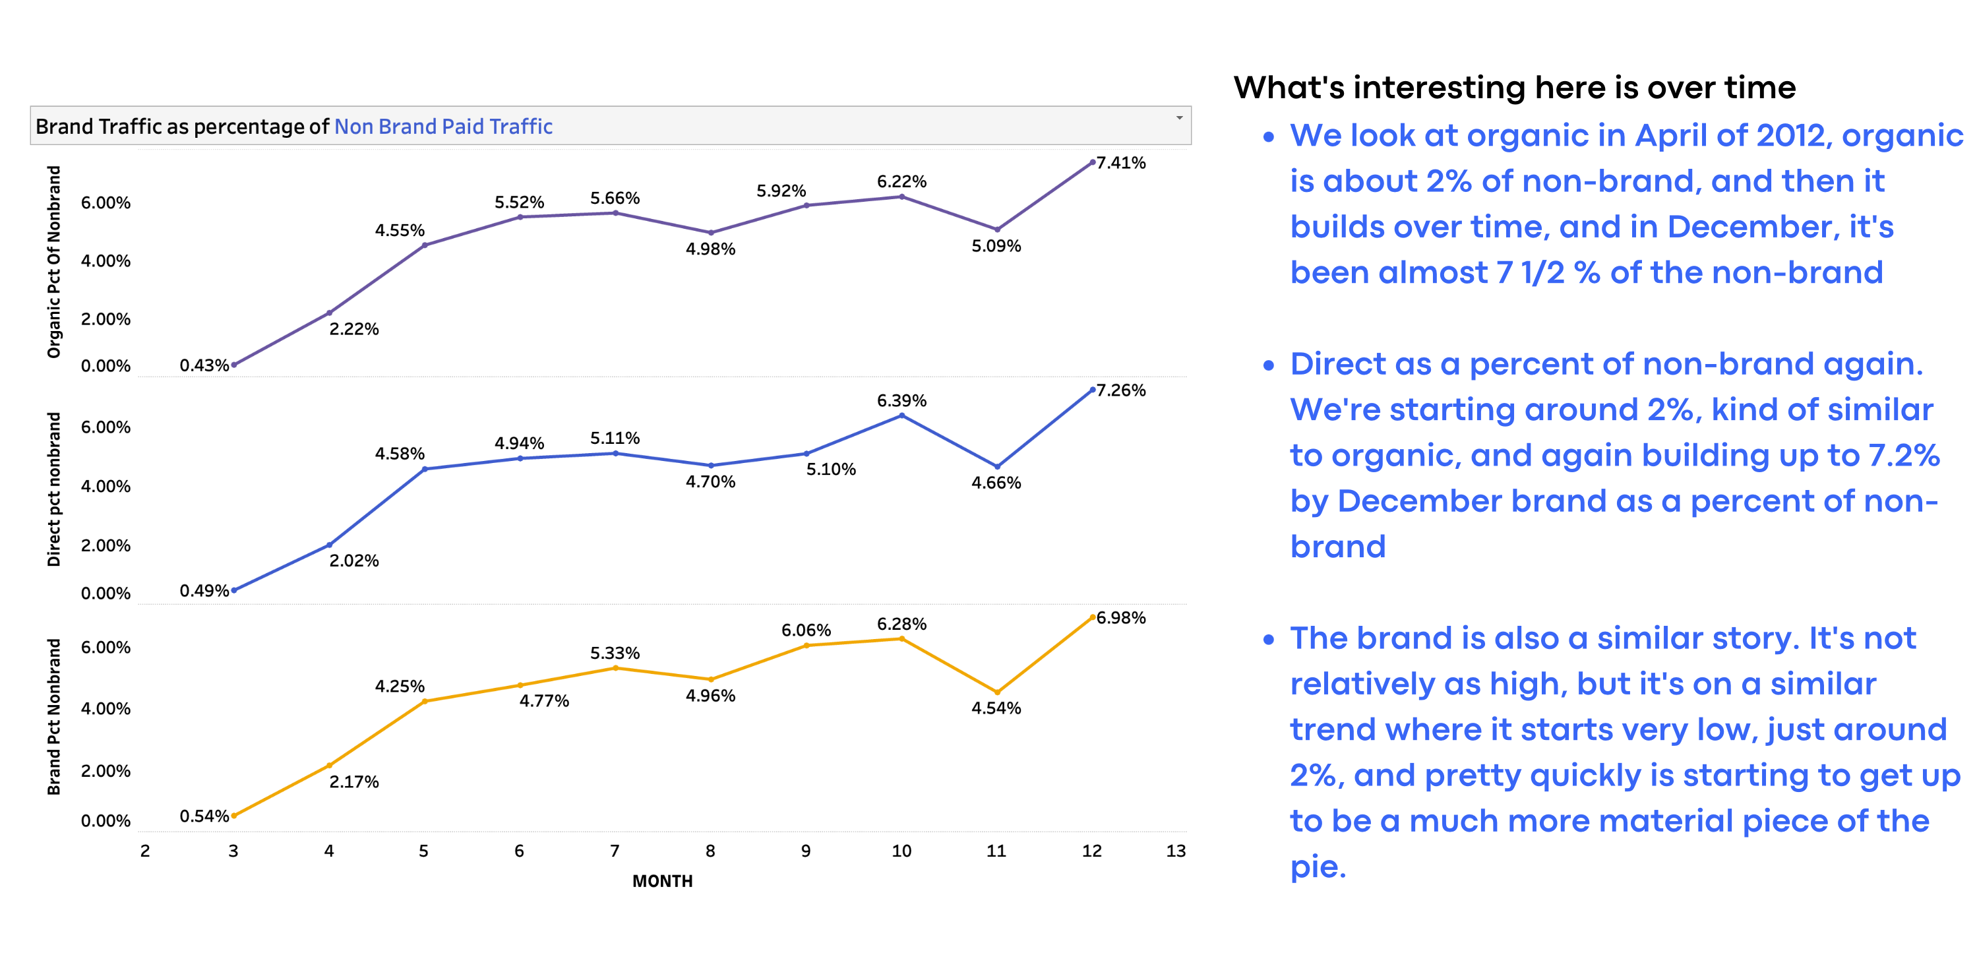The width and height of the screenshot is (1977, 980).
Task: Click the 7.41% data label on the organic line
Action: pos(1120,163)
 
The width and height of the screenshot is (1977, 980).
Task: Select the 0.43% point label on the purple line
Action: pos(204,365)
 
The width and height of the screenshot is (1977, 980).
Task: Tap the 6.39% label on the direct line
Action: pos(901,400)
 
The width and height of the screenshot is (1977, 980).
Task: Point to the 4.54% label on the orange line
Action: pos(996,708)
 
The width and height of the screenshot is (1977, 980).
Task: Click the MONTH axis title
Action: pos(662,881)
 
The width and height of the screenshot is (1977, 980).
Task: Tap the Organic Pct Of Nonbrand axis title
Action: pos(53,262)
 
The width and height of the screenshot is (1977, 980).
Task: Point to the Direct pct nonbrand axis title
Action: pos(53,489)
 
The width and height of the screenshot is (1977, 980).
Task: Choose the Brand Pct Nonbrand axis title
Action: pos(53,717)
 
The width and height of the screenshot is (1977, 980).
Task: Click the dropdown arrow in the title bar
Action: pos(1179,118)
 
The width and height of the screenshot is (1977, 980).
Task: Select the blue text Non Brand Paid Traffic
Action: pos(444,127)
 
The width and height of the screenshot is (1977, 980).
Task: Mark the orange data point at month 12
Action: pos(1092,617)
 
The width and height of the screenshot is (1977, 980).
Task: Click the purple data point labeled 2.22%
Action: pos(329,313)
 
